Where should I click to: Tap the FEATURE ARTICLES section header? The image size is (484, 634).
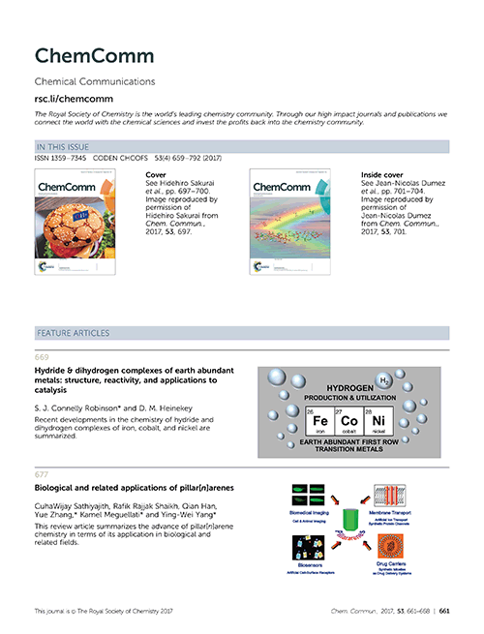pos(75,332)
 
